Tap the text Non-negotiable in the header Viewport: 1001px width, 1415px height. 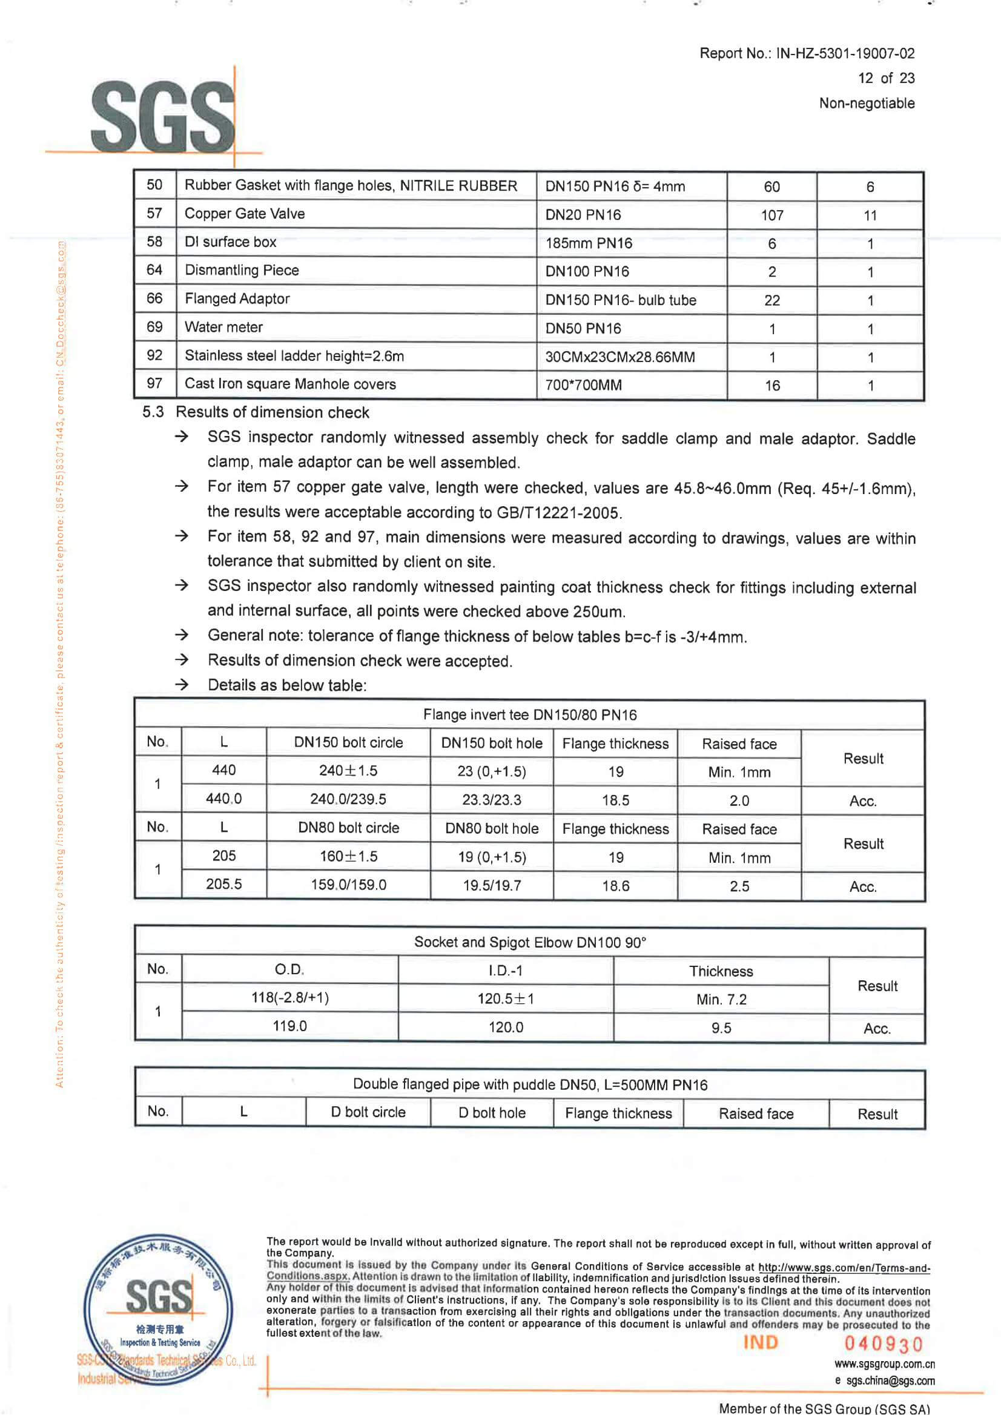click(866, 104)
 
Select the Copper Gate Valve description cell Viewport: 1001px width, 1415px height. click(245, 214)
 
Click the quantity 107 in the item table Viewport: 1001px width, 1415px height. click(771, 215)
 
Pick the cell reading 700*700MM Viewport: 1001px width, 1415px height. click(583, 385)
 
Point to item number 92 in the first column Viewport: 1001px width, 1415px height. click(154, 355)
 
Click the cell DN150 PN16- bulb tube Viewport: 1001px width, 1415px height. click(620, 300)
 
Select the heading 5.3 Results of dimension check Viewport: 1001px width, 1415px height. click(256, 412)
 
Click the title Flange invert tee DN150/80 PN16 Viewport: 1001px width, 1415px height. click(529, 715)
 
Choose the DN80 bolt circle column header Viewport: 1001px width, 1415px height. click(348, 828)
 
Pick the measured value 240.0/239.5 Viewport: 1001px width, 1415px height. click(348, 799)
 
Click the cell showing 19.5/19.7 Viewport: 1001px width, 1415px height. click(492, 886)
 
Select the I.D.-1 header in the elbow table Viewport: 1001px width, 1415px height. click(506, 971)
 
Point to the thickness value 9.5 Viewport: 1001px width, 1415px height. click(721, 1028)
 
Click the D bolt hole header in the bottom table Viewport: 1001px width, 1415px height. click(492, 1113)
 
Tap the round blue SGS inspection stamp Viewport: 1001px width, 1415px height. click(159, 1309)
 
